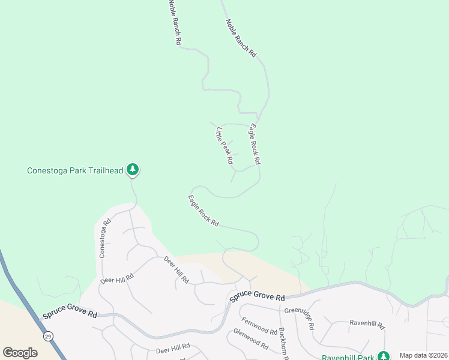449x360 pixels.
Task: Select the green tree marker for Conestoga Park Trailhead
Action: pos(133,170)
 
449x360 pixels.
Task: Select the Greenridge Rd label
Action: pos(300,318)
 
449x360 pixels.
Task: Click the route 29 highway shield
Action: pos(47,337)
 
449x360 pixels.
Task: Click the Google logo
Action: pos(20,353)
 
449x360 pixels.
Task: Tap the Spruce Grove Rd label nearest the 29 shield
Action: pos(69,314)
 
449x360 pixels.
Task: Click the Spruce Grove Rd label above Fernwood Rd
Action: pos(256,297)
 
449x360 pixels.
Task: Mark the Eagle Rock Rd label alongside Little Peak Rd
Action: pos(255,144)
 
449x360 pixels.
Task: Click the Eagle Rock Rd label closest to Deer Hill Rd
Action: pos(203,211)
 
